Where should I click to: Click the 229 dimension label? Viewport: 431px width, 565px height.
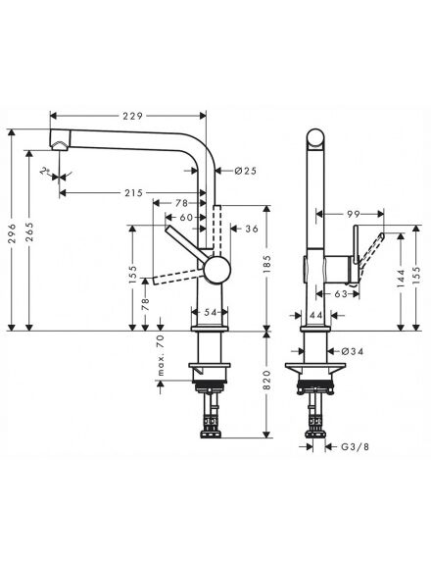(x=133, y=116)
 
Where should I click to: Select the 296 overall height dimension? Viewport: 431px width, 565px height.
(x=12, y=233)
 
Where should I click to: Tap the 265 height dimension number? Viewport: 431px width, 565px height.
(x=29, y=232)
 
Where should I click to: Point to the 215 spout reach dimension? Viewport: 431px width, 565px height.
(x=133, y=193)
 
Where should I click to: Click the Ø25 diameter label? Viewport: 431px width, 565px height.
(x=246, y=171)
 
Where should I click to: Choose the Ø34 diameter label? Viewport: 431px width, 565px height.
(x=353, y=351)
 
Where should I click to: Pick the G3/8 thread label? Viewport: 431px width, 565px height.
(x=355, y=447)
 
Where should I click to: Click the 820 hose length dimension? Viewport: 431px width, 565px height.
(x=266, y=380)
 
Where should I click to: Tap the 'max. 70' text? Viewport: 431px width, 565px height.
(x=161, y=355)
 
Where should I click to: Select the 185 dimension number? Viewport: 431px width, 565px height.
(x=266, y=264)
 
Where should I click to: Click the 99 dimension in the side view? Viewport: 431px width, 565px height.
(x=354, y=214)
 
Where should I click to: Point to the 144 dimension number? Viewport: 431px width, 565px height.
(x=402, y=278)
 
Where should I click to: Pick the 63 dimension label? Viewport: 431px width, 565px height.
(x=340, y=294)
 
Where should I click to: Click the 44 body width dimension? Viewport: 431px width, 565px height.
(x=315, y=315)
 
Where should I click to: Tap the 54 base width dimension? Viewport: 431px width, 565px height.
(x=210, y=312)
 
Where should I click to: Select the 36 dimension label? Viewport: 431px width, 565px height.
(x=252, y=229)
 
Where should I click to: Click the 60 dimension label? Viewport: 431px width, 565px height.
(x=186, y=218)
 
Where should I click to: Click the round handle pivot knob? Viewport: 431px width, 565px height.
(x=216, y=270)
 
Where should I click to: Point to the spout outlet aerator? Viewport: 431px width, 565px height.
(x=60, y=145)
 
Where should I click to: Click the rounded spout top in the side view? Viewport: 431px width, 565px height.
(x=315, y=137)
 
